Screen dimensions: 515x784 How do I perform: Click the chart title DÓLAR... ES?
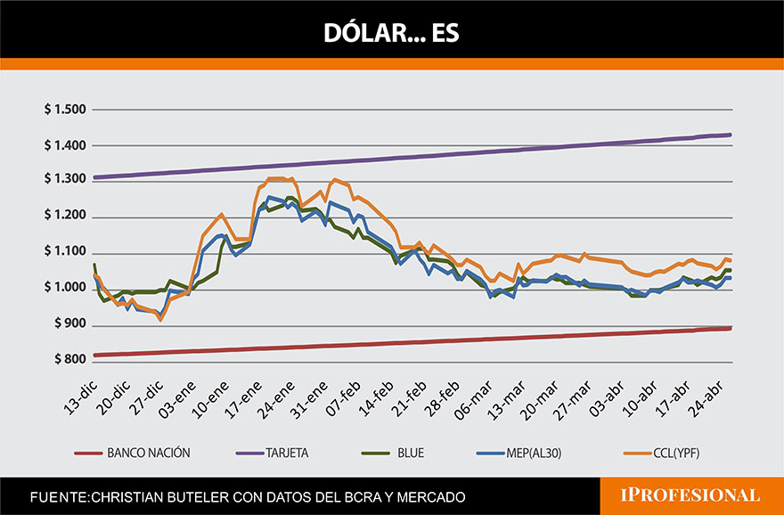pyautogui.click(x=391, y=33)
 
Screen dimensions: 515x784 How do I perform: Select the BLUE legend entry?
pyautogui.click(x=406, y=453)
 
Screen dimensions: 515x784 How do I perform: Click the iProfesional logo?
pyautogui.click(x=691, y=495)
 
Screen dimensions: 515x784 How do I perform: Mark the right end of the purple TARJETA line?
pyautogui.click(x=731, y=135)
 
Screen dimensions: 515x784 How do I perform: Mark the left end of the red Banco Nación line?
pyautogui.click(x=94, y=355)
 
